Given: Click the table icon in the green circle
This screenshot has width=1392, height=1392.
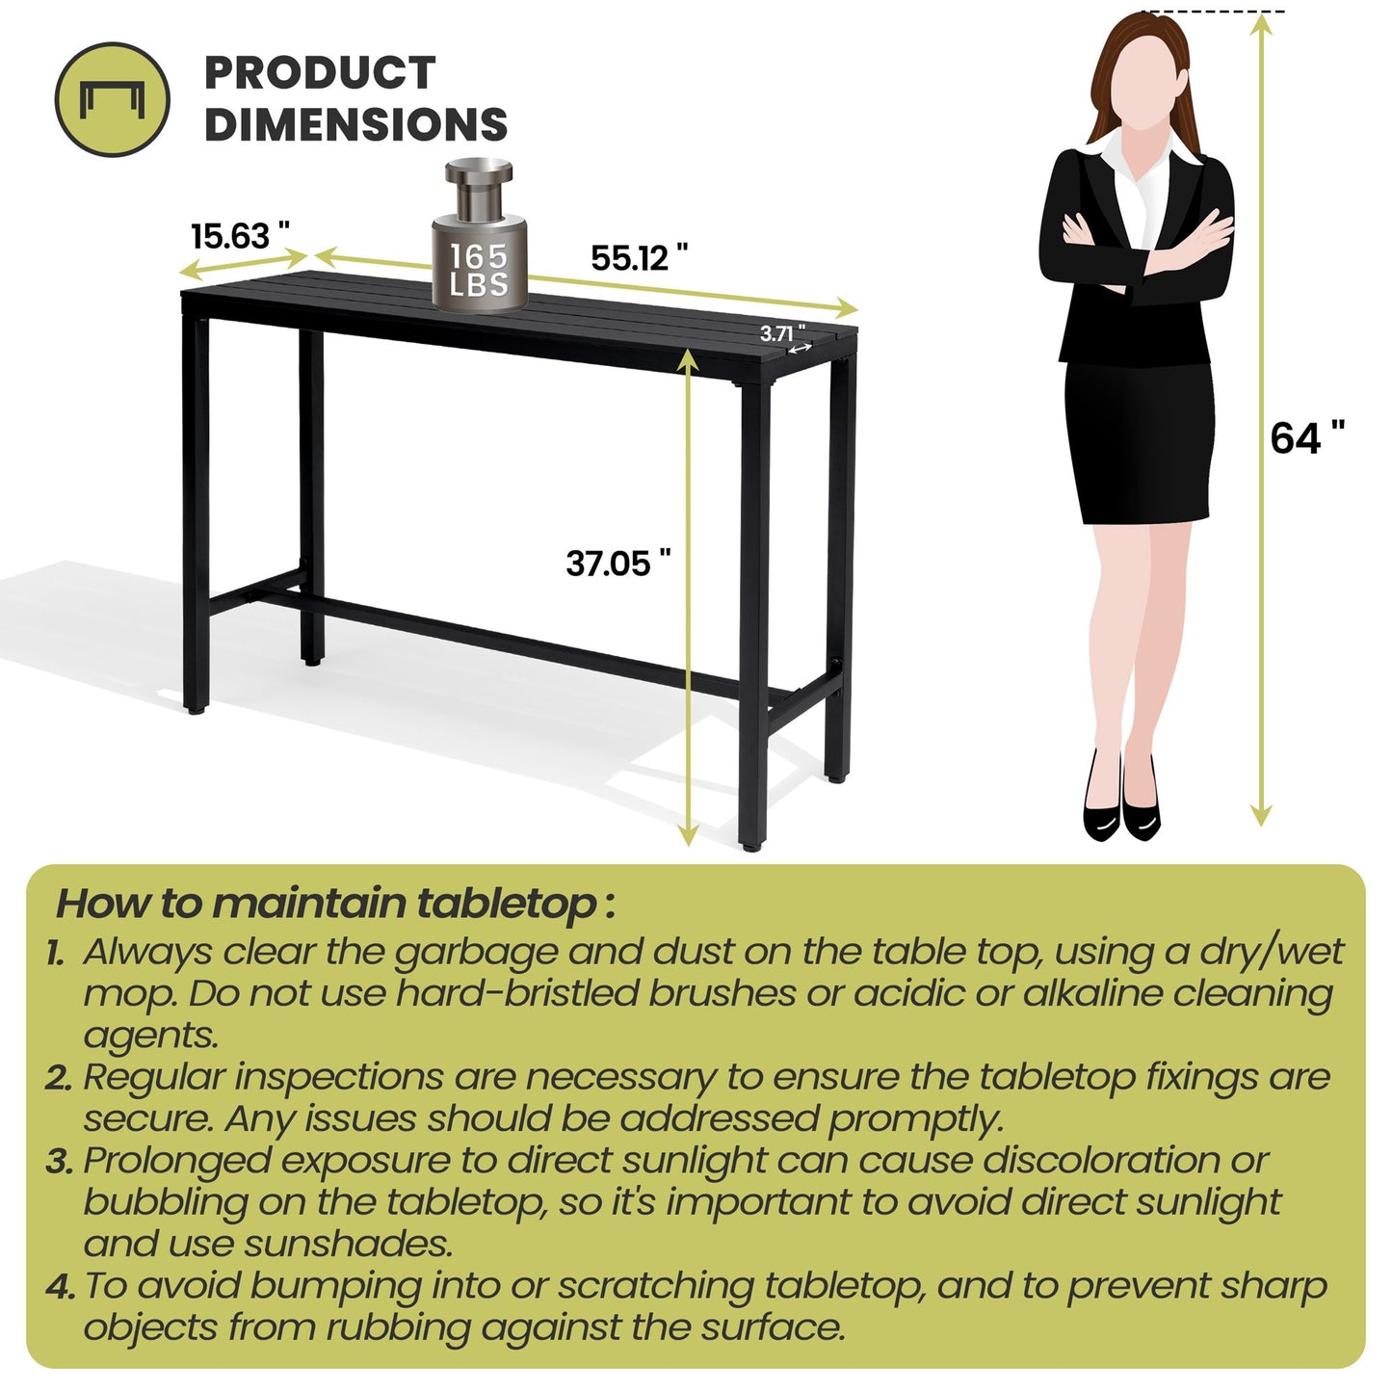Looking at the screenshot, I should point(112,99).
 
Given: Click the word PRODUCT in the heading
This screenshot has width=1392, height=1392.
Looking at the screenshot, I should point(320,73).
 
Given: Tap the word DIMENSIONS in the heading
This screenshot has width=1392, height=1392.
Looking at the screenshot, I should point(355,125).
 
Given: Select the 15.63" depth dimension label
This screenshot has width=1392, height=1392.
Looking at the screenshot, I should point(240,235).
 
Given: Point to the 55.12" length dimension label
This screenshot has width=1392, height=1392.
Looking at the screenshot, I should point(639,258).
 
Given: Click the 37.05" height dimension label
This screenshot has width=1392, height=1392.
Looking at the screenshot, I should point(617,564).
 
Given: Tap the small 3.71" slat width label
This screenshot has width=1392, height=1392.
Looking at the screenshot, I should point(781,333).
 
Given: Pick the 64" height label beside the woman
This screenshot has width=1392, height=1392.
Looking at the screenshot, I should point(1306,438).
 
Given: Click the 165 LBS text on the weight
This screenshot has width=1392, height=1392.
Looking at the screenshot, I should point(479,271).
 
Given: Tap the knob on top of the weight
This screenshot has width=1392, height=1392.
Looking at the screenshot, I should point(479,177).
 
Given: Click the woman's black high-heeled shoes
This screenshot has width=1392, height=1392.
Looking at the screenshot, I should point(1121,807).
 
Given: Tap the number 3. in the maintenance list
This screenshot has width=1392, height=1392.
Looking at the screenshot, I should point(60,1162).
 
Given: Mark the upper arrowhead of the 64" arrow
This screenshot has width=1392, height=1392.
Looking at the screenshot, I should point(1261,24).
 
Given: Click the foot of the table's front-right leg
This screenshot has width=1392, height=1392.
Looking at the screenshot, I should point(751,845).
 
